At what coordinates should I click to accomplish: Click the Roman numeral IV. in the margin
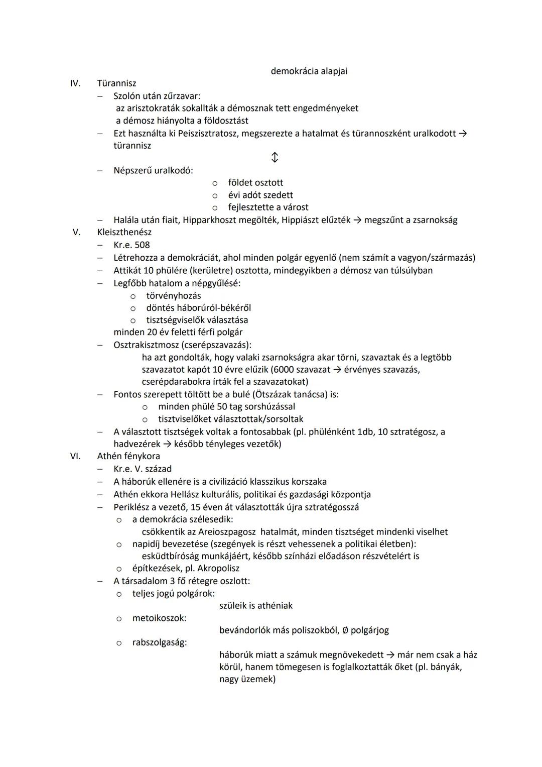75,83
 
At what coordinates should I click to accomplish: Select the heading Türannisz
116,83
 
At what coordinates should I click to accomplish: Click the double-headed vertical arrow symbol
275,158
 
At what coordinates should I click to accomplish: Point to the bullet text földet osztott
255,183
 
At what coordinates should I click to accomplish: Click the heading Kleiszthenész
124,233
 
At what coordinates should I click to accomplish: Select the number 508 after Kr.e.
142,245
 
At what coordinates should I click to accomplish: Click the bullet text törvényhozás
173,296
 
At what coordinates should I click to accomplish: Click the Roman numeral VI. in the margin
75,457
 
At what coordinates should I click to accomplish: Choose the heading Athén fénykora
128,457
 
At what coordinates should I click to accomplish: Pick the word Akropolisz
218,569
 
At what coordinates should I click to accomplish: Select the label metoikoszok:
159,618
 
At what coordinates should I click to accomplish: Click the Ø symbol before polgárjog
345,630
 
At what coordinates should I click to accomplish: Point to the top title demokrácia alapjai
309,71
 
